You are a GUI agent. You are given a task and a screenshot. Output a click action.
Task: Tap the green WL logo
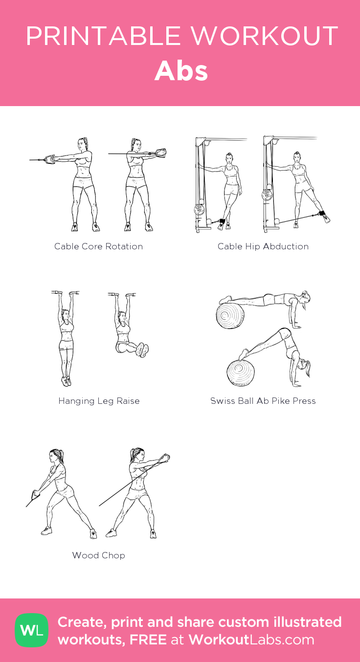pyautogui.click(x=32, y=630)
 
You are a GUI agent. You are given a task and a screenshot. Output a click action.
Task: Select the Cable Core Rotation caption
pyautogui.click(x=98, y=246)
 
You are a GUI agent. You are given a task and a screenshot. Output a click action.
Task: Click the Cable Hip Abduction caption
pyautogui.click(x=263, y=246)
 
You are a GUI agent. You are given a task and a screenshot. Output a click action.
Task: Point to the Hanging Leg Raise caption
pyautogui.click(x=99, y=401)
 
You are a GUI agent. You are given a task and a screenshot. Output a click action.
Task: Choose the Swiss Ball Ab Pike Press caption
pyautogui.click(x=263, y=401)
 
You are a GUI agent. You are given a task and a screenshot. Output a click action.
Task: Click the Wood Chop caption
pyautogui.click(x=99, y=555)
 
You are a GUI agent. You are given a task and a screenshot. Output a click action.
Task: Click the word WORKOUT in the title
pyautogui.click(x=265, y=36)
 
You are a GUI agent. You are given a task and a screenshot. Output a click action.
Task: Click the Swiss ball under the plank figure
pyautogui.click(x=230, y=316)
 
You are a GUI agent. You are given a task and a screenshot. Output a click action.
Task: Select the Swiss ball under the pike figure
pyautogui.click(x=241, y=373)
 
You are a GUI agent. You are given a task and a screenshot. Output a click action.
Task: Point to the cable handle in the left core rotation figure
pyautogui.click(x=49, y=159)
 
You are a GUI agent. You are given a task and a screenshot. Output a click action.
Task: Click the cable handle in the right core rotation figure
pyautogui.click(x=161, y=153)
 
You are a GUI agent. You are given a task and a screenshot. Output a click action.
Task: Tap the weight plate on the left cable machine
pyautogui.click(x=200, y=210)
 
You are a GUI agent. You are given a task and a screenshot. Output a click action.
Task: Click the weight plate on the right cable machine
pyautogui.click(x=267, y=195)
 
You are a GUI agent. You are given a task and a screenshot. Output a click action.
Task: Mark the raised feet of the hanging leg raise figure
pyautogui.click(x=142, y=350)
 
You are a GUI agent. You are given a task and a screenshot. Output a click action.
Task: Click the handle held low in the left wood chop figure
pyautogui.click(x=36, y=494)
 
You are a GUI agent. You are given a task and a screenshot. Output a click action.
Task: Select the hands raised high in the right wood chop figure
pyautogui.click(x=164, y=458)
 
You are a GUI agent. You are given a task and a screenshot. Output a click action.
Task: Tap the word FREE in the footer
pyautogui.click(x=148, y=640)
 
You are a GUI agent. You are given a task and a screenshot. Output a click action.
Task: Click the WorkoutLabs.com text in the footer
pyautogui.click(x=251, y=640)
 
